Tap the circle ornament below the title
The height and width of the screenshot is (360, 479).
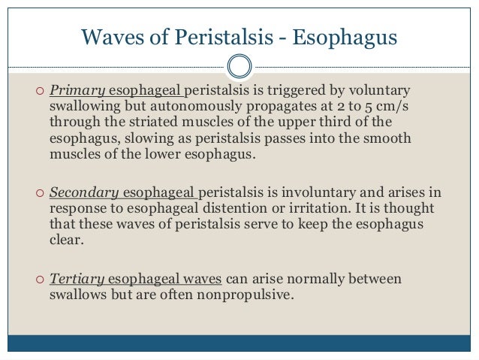pos(239,65)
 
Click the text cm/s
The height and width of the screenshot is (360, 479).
pos(393,107)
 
